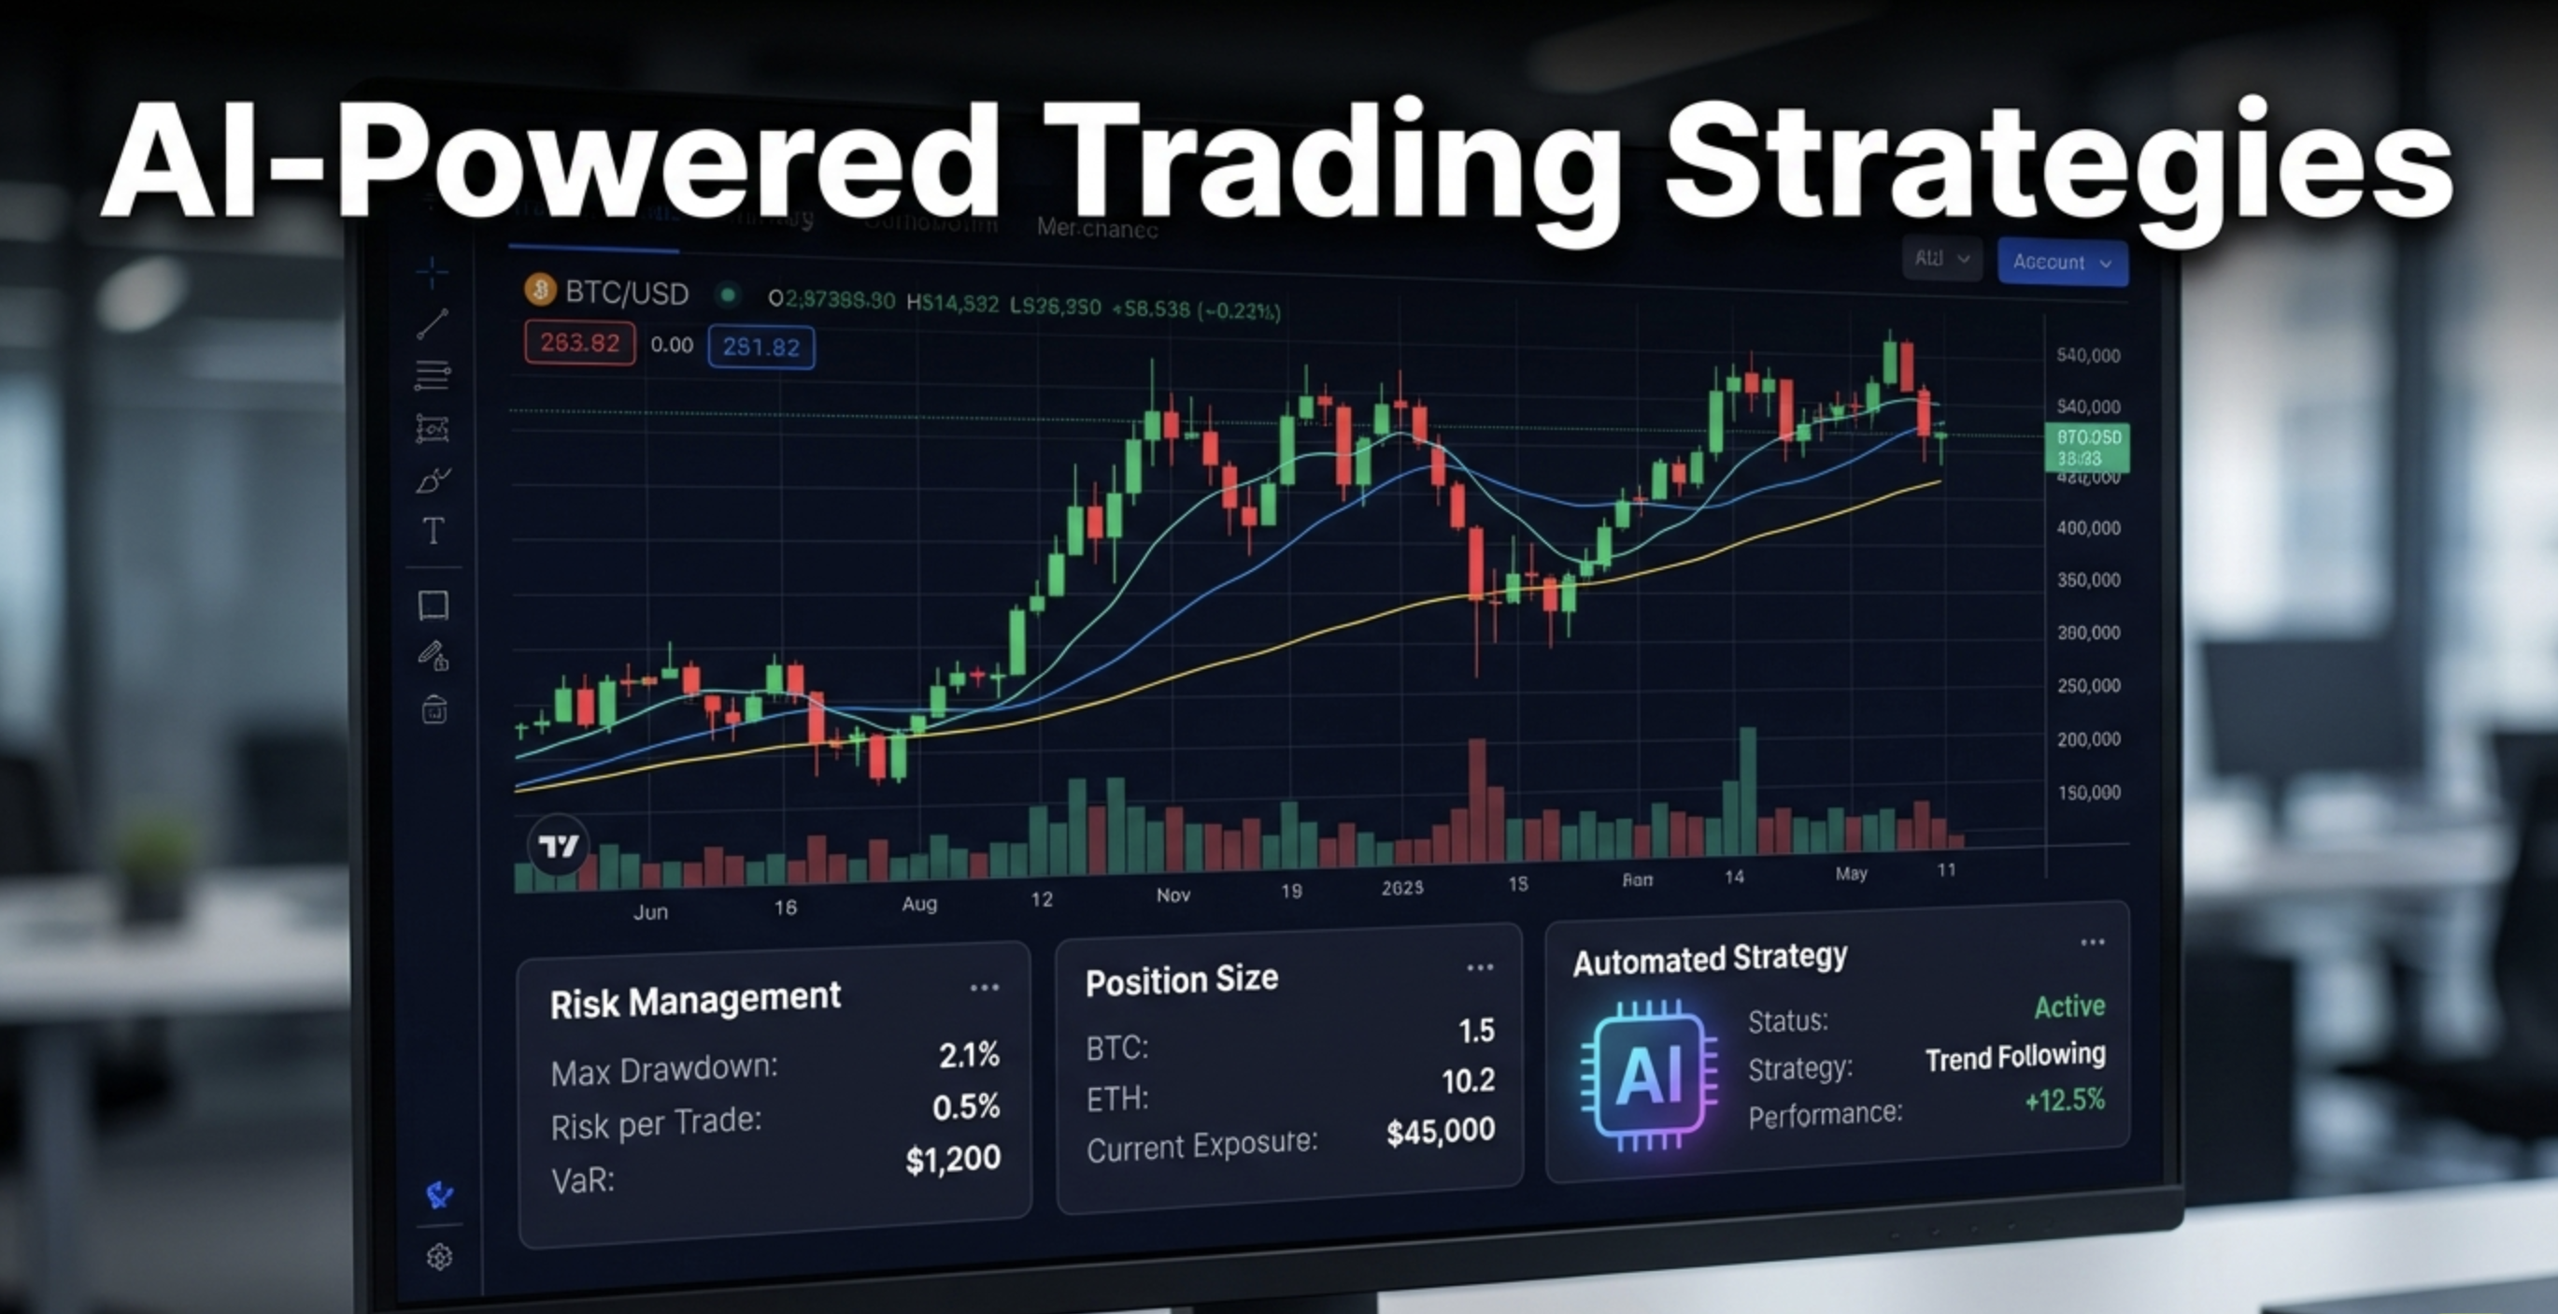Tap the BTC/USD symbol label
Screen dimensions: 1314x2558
point(626,293)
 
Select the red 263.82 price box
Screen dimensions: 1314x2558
point(580,344)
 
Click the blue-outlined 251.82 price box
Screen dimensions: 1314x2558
point(760,347)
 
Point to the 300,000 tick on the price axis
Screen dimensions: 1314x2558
point(2088,633)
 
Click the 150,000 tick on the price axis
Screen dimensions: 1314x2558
point(2088,793)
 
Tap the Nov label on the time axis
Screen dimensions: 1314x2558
point(1172,895)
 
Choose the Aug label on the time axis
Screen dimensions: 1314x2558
point(919,904)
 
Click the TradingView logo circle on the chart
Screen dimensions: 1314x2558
point(557,845)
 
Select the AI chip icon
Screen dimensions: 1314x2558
point(1648,1076)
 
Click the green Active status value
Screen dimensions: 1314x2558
point(2068,1007)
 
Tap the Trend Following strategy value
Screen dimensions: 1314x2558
point(2015,1056)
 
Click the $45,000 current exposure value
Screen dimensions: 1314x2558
point(1440,1131)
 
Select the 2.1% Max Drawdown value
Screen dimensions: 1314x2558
point(969,1055)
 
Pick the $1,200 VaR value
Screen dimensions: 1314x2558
point(952,1159)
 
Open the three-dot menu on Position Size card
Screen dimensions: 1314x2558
point(1480,967)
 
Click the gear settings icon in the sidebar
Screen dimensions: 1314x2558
point(440,1257)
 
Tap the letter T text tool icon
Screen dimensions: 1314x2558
point(433,532)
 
